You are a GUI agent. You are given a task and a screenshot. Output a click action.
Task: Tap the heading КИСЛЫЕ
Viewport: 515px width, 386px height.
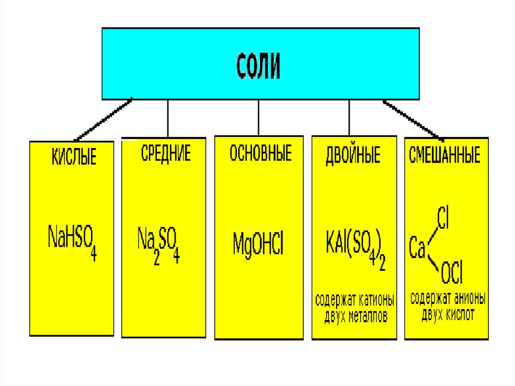(74, 157)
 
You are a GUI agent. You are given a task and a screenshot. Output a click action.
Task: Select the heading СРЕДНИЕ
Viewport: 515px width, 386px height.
(165, 152)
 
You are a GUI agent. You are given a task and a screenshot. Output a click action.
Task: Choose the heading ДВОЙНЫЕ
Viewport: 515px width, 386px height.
(353, 155)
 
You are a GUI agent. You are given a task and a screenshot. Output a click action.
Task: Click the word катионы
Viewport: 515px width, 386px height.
(377, 301)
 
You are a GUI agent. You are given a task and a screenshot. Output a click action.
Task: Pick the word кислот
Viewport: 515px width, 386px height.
(459, 316)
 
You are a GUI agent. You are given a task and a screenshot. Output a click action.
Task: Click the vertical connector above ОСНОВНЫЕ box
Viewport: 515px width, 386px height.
(259, 117)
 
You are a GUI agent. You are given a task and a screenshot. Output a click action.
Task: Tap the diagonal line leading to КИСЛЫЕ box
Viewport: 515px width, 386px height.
(103, 119)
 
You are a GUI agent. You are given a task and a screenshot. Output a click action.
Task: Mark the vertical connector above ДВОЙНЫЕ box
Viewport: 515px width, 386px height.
(349, 117)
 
